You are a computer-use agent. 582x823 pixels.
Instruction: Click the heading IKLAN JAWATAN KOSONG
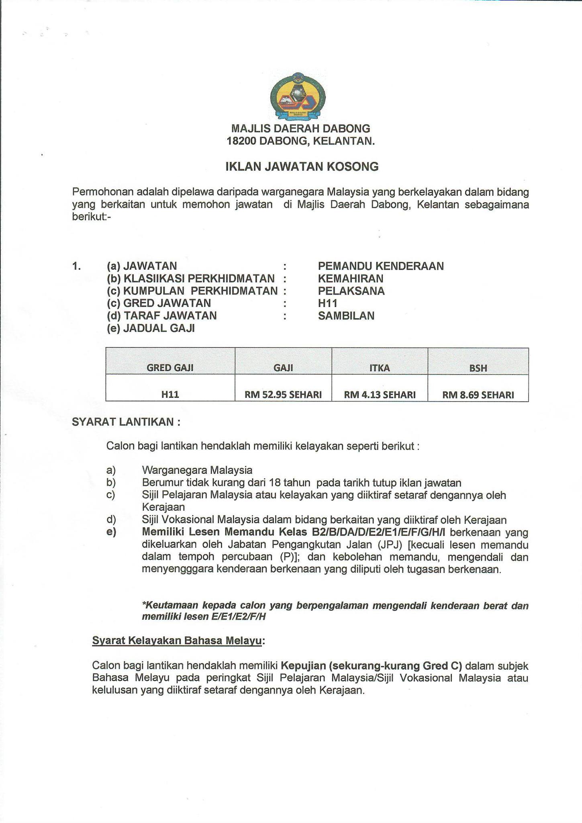pos(302,167)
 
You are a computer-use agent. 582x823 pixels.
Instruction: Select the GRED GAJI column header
pos(170,367)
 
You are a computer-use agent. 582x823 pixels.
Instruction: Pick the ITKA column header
pos(380,367)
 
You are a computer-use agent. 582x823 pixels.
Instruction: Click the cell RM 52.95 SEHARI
pos(283,395)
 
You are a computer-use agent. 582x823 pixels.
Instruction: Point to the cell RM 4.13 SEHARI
pos(380,395)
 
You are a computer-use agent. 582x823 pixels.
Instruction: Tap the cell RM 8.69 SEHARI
pos(478,395)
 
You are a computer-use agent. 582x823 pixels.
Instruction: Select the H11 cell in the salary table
pos(170,395)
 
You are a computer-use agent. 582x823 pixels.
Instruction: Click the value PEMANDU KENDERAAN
pos(381,266)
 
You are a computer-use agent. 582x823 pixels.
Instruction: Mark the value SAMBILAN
pos(346,316)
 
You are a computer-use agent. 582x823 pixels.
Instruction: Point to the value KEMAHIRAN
pos(351,278)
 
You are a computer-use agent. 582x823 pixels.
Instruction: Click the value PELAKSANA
pos(351,291)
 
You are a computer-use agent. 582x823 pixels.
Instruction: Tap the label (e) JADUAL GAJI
pos(151,328)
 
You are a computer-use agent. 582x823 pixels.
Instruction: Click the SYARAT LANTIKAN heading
pos(126,422)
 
